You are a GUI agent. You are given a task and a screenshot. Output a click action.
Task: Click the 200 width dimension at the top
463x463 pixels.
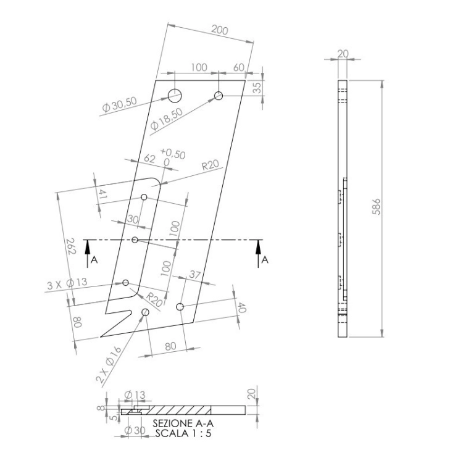pos(220,30)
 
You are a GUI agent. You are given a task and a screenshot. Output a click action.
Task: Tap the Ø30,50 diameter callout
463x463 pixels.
pos(120,104)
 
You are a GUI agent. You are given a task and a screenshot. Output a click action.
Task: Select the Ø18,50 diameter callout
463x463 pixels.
pos(167,119)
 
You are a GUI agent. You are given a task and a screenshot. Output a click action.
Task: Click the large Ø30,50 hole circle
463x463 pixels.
pos(175,95)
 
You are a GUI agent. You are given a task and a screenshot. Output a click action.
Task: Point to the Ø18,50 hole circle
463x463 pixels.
pos(219,95)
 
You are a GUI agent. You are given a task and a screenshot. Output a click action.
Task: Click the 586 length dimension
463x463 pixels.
pos(376,207)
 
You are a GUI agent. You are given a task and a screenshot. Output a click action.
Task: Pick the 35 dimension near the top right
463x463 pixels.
pos(257,88)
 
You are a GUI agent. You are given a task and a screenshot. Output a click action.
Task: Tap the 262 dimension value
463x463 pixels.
pos(71,246)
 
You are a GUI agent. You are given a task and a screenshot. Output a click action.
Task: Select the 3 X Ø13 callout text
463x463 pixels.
pos(67,283)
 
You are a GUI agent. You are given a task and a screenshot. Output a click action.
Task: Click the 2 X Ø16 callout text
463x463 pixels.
pos(109,365)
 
